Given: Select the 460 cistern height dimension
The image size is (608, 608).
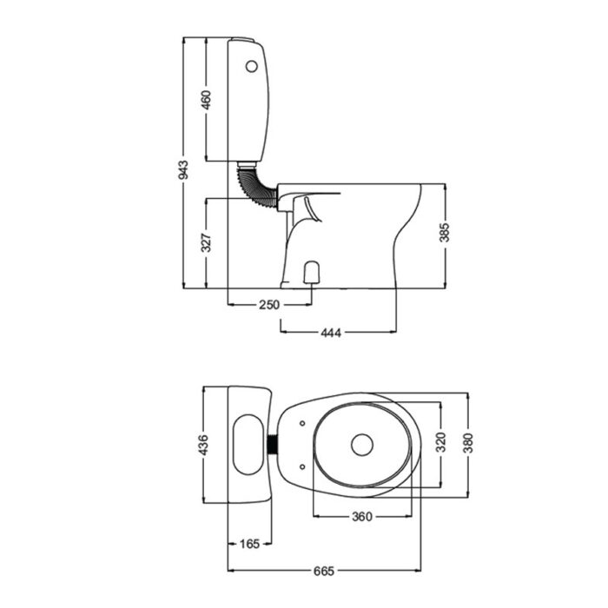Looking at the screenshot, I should pos(206,100).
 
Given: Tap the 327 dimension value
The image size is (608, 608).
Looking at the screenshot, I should pos(206,242).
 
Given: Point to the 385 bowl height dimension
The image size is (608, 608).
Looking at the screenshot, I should pos(446,233).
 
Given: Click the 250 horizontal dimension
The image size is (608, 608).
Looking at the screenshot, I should pos(269,305).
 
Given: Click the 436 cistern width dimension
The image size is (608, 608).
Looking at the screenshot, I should pos(205,446).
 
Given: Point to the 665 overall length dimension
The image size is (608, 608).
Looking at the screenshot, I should pos(323,572).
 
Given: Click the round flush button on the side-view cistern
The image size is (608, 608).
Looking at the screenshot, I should pos(253,64).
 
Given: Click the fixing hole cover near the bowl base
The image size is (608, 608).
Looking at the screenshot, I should pos(313,273).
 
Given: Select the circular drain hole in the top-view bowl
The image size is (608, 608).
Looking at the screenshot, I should pos(362,446).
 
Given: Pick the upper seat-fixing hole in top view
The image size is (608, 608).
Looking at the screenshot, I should pos(301,424).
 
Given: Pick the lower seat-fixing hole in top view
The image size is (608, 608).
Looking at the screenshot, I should pos(301,467).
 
